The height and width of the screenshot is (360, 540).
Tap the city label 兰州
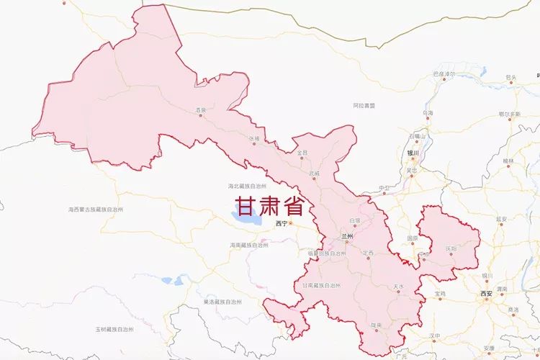(348, 235)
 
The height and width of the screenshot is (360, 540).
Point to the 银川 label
(413, 153)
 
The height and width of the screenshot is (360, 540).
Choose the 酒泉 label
(201, 110)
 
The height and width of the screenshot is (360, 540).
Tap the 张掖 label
(253, 138)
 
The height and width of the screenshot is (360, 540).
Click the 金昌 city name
(302, 153)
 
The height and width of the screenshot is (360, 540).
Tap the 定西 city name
(369, 253)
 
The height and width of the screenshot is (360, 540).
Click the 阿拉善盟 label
(364, 105)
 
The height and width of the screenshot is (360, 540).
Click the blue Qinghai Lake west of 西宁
(244, 216)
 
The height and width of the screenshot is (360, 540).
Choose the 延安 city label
(502, 218)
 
